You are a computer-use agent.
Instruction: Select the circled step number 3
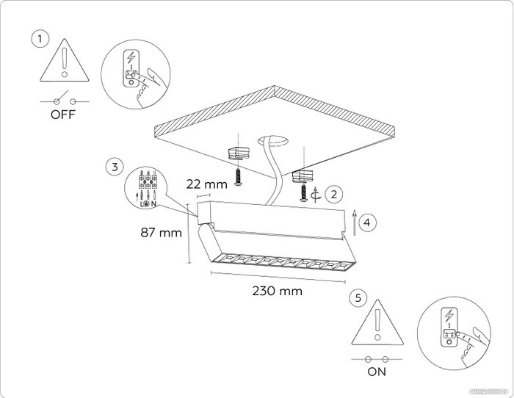(114, 167)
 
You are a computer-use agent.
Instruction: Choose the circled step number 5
(358, 297)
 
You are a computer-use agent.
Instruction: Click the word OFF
(62, 115)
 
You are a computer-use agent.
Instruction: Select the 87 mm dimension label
(160, 234)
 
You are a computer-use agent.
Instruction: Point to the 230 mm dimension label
(277, 291)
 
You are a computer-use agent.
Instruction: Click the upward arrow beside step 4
(355, 220)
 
